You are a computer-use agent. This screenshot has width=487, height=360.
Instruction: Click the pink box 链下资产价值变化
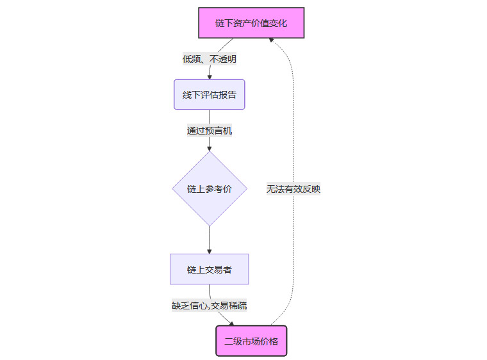click(251, 23)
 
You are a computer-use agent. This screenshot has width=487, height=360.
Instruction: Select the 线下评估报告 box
click(210, 95)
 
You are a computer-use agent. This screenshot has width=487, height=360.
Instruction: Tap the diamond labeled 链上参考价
click(210, 189)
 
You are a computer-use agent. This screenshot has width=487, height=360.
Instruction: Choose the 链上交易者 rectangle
click(210, 270)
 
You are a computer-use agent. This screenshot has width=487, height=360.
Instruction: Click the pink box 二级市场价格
click(251, 341)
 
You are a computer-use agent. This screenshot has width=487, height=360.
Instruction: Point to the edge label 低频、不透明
click(210, 59)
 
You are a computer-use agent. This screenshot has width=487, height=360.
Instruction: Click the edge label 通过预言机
click(210, 131)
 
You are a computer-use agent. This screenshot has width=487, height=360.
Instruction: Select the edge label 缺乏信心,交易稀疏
click(210, 306)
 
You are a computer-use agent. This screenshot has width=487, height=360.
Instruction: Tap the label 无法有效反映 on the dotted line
click(293, 189)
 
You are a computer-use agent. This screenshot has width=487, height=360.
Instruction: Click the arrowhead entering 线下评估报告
click(210, 76)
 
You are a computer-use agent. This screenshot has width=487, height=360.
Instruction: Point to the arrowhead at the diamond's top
click(210, 148)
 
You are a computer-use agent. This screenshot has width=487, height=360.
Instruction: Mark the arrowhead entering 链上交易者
click(210, 250)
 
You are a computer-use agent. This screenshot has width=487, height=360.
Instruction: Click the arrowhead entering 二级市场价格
click(231, 323)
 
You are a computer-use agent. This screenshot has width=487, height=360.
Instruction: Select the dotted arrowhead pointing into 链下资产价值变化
click(272, 41)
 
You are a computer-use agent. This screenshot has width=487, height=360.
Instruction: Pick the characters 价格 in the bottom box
click(270, 341)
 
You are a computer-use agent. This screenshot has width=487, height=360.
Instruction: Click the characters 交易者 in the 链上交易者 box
click(219, 270)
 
